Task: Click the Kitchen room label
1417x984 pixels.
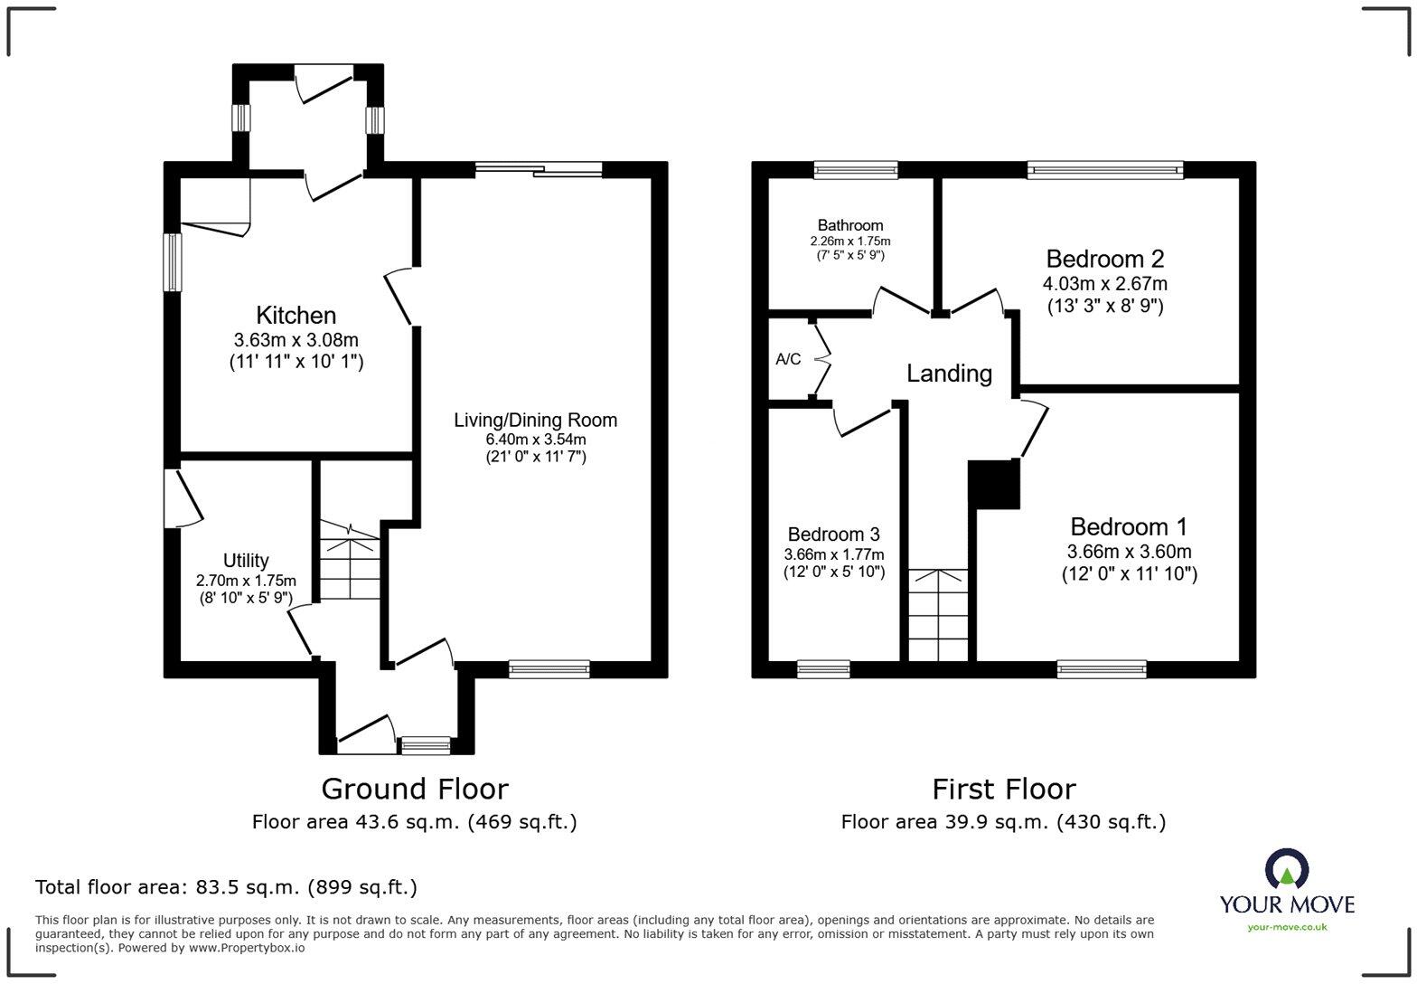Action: pos(296,316)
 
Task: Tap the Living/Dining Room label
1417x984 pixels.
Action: pos(535,421)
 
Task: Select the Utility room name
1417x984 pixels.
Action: pos(246,561)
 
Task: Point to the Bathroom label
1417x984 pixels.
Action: pos(849,225)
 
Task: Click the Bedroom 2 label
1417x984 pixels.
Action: pos(1104,260)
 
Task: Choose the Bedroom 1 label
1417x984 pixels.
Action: pos(1128,526)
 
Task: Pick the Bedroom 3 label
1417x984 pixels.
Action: pos(833,535)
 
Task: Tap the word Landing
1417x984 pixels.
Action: pos(949,374)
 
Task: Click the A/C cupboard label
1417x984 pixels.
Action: pos(788,359)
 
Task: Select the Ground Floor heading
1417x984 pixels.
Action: pos(415,789)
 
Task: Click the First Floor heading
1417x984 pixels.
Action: pos(1003,789)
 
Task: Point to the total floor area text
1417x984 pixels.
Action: pos(226,887)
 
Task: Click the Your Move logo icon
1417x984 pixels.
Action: pos(1286,869)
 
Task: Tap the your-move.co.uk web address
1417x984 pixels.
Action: pos(1286,926)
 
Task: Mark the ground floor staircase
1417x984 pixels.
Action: pos(350,561)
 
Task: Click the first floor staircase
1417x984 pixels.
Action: pos(938,615)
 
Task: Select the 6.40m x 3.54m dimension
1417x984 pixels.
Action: pos(535,440)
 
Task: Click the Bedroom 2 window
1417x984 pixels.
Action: pos(1104,169)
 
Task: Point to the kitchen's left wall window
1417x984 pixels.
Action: pos(172,262)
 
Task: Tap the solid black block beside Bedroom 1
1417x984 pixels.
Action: pos(994,484)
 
